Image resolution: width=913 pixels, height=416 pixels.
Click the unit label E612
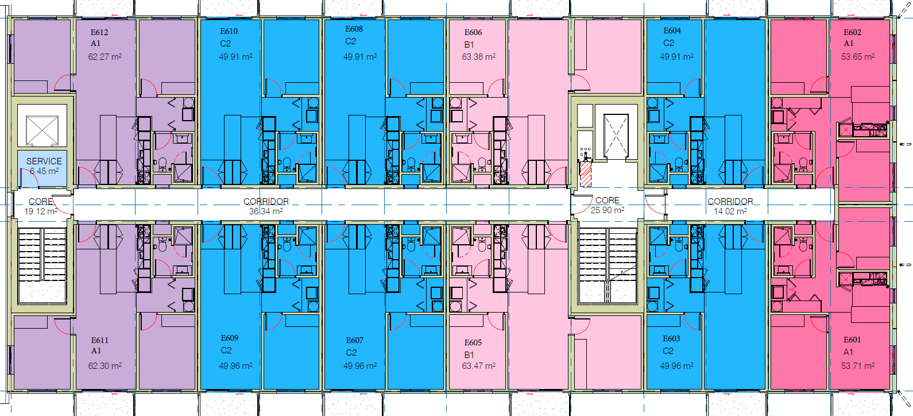click(x=99, y=32)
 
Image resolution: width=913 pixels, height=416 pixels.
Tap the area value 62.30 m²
click(x=105, y=366)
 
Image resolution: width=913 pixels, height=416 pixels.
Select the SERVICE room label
click(x=44, y=161)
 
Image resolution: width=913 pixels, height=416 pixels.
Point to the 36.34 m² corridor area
click(x=266, y=211)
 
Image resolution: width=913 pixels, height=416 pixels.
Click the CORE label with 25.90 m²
click(x=608, y=201)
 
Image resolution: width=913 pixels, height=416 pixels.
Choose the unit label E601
click(x=852, y=340)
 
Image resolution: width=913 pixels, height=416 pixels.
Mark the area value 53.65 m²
click(x=858, y=57)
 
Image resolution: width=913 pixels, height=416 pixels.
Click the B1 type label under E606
click(x=469, y=44)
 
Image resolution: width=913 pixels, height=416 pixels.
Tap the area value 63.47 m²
click(x=478, y=366)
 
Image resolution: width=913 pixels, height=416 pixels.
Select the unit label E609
click(x=230, y=338)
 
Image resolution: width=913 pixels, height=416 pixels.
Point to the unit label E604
click(x=672, y=30)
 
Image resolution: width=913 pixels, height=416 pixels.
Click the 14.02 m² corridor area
click(x=730, y=211)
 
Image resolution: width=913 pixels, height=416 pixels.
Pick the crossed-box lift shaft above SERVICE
click(x=42, y=130)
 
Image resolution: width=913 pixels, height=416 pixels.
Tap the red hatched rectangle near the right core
click(x=585, y=174)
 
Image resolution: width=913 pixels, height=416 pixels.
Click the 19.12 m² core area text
click(x=41, y=211)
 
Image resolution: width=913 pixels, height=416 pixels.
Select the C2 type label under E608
click(x=350, y=41)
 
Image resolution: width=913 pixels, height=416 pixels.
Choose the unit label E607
click(x=355, y=341)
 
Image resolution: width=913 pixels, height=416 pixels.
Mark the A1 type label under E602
click(x=849, y=43)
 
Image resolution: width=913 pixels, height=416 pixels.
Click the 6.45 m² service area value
click(x=44, y=171)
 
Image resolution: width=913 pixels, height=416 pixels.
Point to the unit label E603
click(x=671, y=339)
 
